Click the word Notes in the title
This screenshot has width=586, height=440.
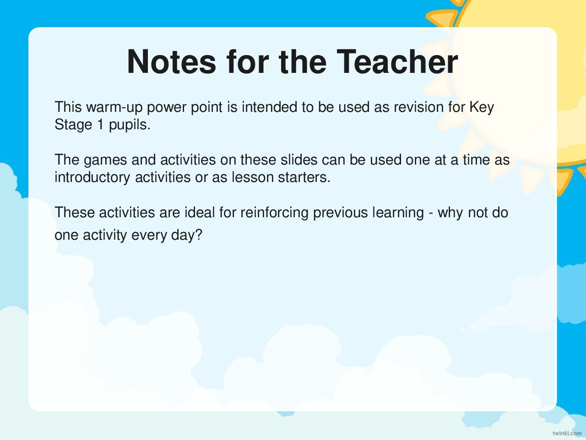point(171,62)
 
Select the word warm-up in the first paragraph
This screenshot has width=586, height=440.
point(114,107)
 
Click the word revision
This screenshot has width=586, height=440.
point(418,107)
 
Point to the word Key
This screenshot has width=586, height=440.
point(482,107)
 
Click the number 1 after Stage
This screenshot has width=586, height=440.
point(101,125)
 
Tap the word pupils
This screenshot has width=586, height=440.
point(130,125)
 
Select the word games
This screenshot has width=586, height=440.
point(105,160)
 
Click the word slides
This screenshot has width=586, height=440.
point(299,159)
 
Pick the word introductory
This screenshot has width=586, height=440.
point(92,177)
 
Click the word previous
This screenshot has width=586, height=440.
point(341,213)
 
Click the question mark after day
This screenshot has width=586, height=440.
point(199,235)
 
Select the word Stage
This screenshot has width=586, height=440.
point(73,125)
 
